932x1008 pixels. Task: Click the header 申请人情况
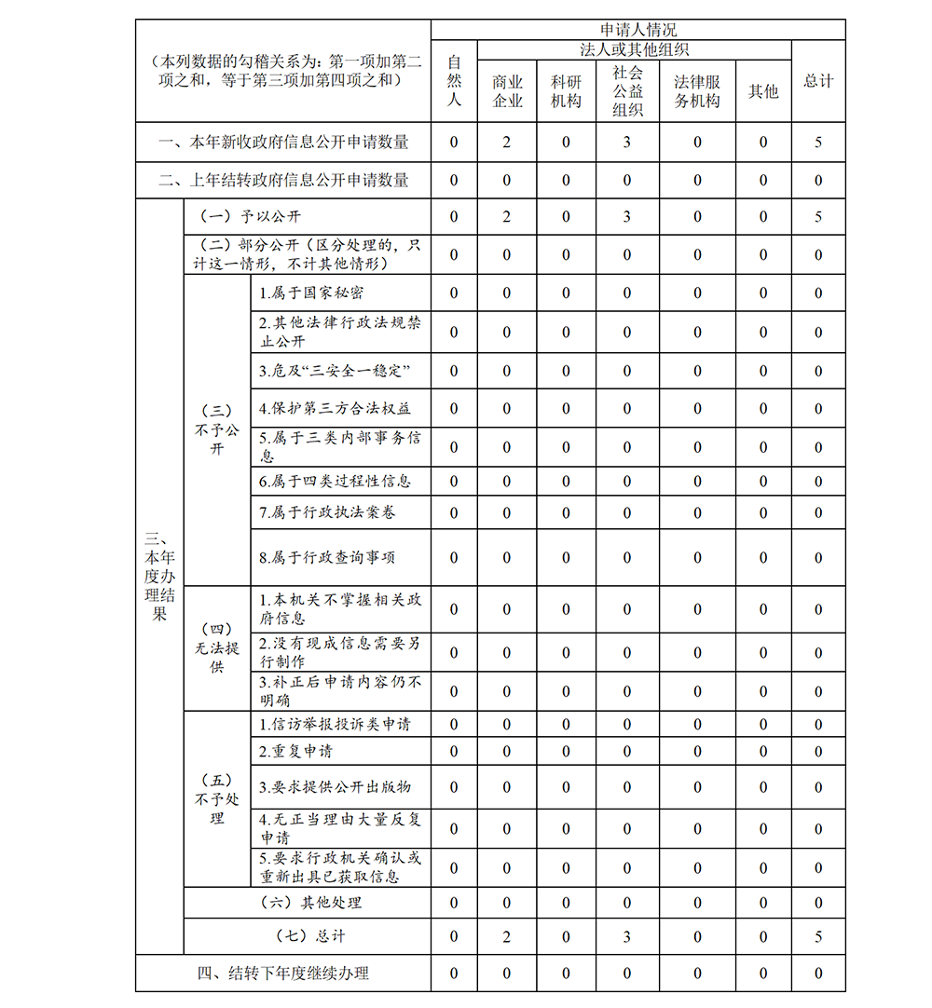638,30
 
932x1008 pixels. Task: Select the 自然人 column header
454,80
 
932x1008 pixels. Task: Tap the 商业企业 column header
507,91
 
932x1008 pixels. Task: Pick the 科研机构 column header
566,91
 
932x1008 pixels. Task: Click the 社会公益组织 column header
627,90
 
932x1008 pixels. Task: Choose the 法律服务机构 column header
697,91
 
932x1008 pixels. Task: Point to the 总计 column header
818,81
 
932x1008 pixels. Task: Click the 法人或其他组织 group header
634,49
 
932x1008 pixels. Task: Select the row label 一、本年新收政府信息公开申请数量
283,143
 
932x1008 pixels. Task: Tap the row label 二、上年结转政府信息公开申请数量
283,180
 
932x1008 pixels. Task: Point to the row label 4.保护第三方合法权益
335,408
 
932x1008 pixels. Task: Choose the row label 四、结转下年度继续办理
283,974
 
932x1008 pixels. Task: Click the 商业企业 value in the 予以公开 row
507,217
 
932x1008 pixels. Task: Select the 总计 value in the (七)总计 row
818,936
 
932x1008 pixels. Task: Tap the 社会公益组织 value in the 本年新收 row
627,143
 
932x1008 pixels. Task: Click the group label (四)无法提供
217,647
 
